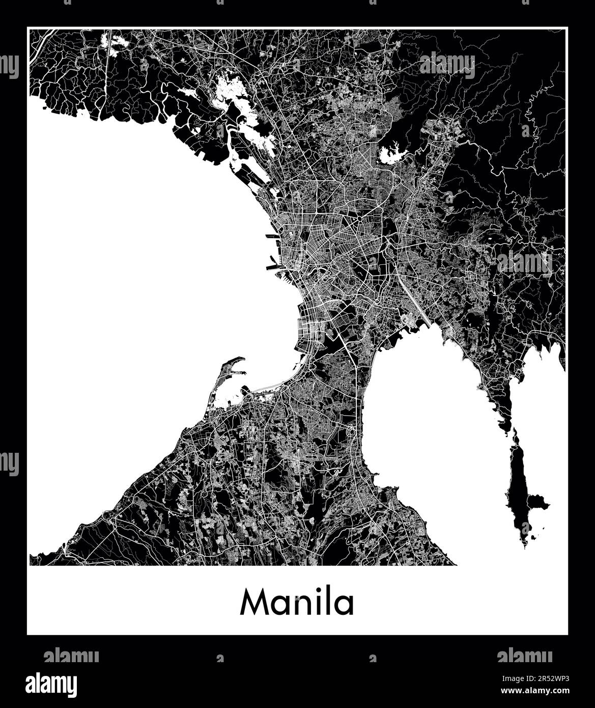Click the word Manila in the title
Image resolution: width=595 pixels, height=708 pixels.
(297, 603)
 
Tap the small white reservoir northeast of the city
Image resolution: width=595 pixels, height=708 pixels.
(392, 153)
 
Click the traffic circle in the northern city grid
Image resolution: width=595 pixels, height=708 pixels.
(359, 219)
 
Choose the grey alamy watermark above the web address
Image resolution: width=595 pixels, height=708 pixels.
(525, 656)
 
